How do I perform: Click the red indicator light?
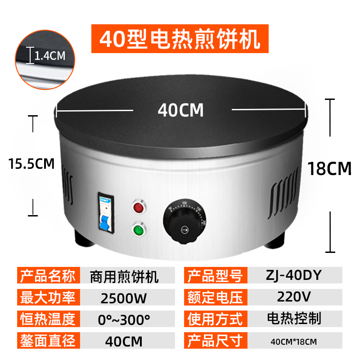click(x=138, y=208)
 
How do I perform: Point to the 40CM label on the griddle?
click(x=181, y=110)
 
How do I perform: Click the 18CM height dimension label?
click(x=329, y=169)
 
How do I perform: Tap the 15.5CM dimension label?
click(x=31, y=163)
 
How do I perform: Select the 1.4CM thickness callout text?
click(x=50, y=56)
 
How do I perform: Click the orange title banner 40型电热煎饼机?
click(x=180, y=39)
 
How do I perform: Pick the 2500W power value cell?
click(x=125, y=297)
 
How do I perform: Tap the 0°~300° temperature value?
click(x=125, y=319)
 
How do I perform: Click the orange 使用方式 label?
click(x=215, y=319)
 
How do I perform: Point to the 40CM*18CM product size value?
click(x=293, y=342)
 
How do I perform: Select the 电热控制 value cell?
click(x=293, y=319)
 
